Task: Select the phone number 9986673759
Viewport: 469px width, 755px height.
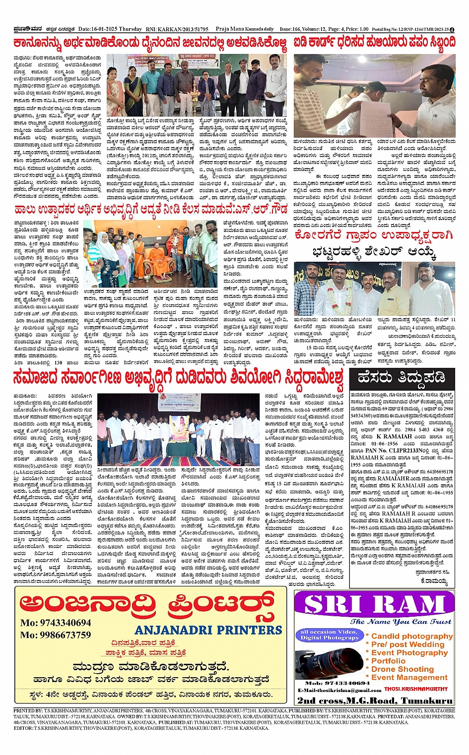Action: [x=56, y=635]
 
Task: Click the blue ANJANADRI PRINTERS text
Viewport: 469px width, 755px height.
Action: [x=208, y=630]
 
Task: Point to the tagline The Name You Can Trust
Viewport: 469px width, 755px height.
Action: [x=401, y=622]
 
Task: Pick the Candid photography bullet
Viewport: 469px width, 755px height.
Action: [x=411, y=636]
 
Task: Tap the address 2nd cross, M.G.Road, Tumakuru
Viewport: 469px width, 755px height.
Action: [x=375, y=700]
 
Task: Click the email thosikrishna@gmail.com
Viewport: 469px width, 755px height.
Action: [x=340, y=690]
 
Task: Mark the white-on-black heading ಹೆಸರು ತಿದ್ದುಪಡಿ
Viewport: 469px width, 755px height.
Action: [x=402, y=378]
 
